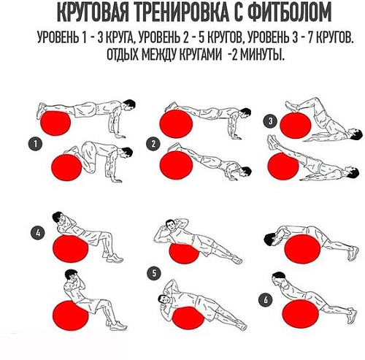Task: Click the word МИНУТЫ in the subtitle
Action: point(258,55)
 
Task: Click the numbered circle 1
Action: point(33,144)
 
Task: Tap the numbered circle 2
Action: point(153,144)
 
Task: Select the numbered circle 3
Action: point(272,121)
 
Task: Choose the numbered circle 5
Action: point(153,273)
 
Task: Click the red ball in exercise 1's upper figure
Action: point(54,120)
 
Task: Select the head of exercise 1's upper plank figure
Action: point(130,104)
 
